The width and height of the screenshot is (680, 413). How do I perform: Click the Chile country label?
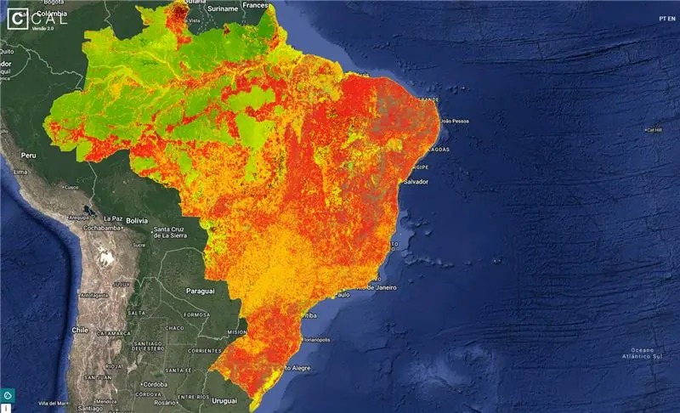[81, 330]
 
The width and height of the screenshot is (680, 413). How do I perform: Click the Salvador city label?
[416, 182]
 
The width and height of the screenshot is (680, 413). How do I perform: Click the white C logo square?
[15, 17]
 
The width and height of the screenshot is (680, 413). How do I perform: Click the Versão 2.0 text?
[43, 28]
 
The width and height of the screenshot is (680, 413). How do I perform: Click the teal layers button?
[7, 394]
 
